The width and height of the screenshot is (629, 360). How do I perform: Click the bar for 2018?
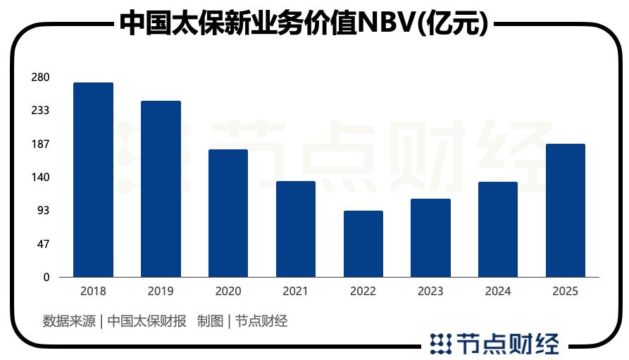(93, 180)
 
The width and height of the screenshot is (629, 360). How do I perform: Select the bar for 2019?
(161, 189)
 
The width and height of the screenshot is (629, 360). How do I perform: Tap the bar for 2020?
(228, 213)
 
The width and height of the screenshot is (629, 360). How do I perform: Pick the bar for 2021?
(296, 229)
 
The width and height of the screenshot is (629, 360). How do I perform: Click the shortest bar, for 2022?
(363, 244)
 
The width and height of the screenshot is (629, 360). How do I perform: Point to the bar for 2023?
(431, 237)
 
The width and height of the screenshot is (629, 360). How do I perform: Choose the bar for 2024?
(498, 229)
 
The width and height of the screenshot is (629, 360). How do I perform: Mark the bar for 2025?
(566, 210)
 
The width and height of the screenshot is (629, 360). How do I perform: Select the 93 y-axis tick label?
(43, 211)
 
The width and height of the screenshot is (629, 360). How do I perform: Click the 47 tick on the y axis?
(43, 244)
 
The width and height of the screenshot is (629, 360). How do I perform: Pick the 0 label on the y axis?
(46, 278)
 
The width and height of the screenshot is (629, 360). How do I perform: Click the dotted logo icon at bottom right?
(440, 343)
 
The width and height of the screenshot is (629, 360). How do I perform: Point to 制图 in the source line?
(210, 321)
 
